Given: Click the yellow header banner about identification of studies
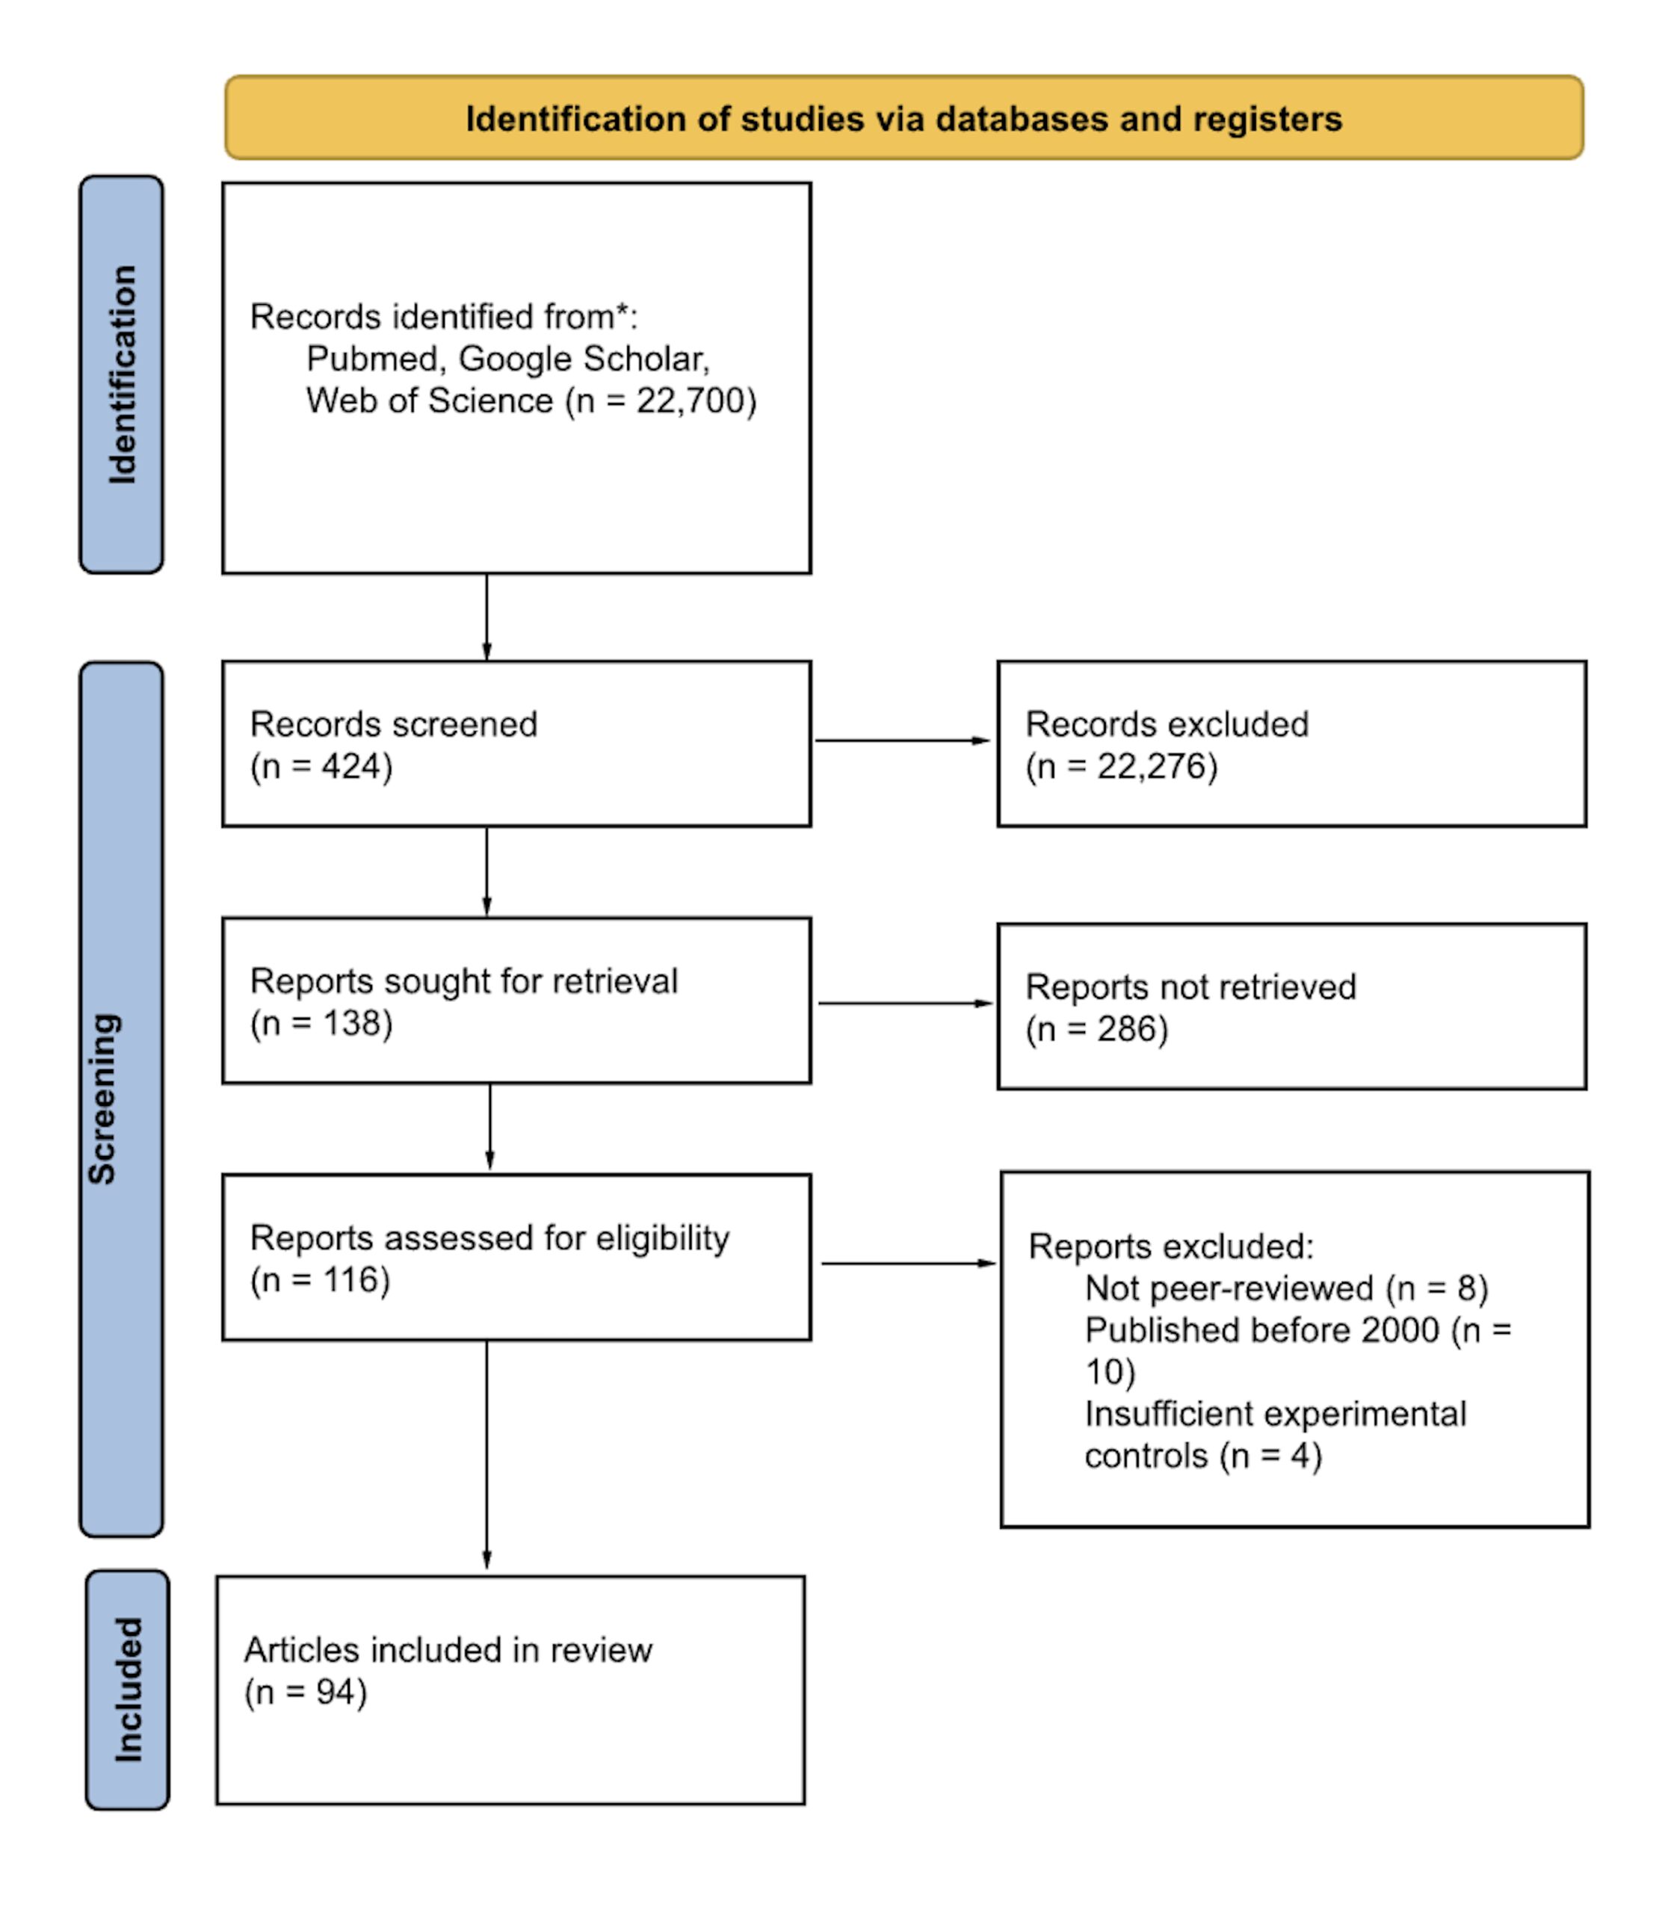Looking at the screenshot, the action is (x=904, y=117).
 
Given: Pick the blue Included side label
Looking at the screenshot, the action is (x=128, y=1690).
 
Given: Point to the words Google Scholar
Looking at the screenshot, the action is (x=584, y=359).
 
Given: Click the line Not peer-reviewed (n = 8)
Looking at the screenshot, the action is (x=1287, y=1288).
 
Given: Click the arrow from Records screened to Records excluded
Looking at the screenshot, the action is (x=903, y=741).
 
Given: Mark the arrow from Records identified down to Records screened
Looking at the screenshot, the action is (x=487, y=617).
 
